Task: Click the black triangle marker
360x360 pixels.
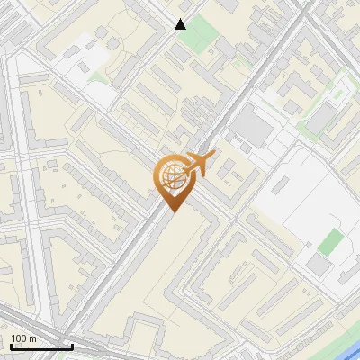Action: coord(181,24)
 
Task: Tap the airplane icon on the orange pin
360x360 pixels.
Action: coord(199,165)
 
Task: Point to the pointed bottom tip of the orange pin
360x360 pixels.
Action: coord(171,212)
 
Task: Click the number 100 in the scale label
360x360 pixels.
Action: coord(20,337)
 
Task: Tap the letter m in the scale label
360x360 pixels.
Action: coord(34,337)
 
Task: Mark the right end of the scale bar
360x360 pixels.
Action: coord(72,346)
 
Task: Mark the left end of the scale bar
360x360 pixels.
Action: coord(9,346)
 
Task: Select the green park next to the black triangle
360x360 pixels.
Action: coord(206,31)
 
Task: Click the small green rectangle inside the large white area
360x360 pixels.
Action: coord(332,241)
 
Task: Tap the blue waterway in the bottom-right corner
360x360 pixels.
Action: coord(346,346)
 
